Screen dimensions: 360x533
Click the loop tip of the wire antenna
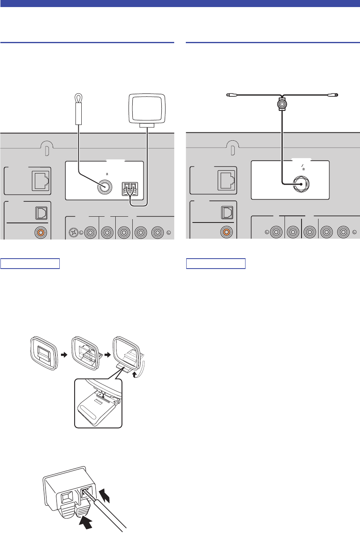78,98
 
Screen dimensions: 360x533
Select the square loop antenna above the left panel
147,108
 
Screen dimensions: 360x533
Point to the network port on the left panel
41,179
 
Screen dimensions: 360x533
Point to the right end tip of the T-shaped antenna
336,95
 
